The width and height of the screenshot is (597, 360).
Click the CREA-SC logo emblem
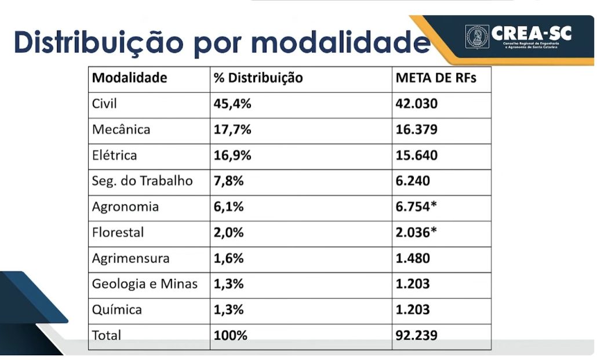coord(476,37)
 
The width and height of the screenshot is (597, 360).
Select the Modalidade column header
coord(130,78)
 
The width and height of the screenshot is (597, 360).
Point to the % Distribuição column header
coord(259,78)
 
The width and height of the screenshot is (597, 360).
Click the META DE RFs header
coord(436,78)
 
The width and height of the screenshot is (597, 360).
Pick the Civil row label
coord(105,104)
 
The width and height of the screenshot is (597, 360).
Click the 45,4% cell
coord(232,104)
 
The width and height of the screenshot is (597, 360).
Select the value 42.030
coord(417,104)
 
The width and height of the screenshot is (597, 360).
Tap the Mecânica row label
coord(121,129)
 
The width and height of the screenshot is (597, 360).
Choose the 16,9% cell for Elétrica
coord(232,155)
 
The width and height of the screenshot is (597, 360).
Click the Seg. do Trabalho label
coord(142,181)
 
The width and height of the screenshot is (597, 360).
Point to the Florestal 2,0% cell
coord(229,232)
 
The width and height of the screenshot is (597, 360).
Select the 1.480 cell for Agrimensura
coord(413,258)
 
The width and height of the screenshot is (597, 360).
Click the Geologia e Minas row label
coord(145,284)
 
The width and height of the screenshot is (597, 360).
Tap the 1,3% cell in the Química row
coord(229,310)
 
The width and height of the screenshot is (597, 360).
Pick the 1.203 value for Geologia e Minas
coord(413,284)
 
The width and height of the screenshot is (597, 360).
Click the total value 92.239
coord(417,335)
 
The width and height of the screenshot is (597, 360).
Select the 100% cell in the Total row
coord(231,335)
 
